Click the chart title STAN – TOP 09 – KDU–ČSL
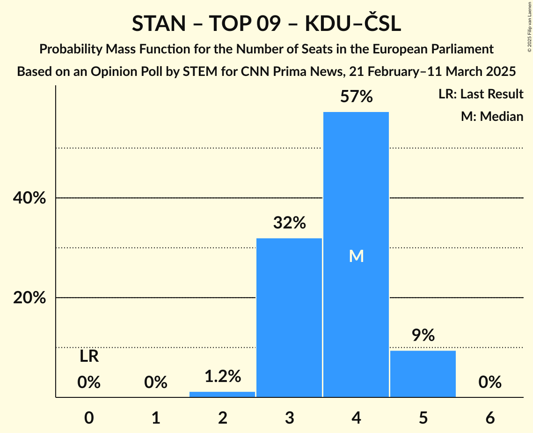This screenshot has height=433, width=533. point(266,24)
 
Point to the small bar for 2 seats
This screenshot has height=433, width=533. point(222,394)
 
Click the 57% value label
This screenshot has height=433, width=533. point(356,97)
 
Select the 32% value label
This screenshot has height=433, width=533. point(289,223)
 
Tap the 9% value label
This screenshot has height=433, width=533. point(423,335)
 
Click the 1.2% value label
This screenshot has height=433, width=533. point(222,376)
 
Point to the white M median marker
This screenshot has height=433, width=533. point(356,256)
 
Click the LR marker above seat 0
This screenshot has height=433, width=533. point(89,357)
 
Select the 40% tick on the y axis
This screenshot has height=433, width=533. point(29,198)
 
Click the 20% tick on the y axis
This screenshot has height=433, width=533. point(29,298)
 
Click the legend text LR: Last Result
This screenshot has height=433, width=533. point(481,94)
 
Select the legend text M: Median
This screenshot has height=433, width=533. point(492,116)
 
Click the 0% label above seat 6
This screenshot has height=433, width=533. point(490,383)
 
